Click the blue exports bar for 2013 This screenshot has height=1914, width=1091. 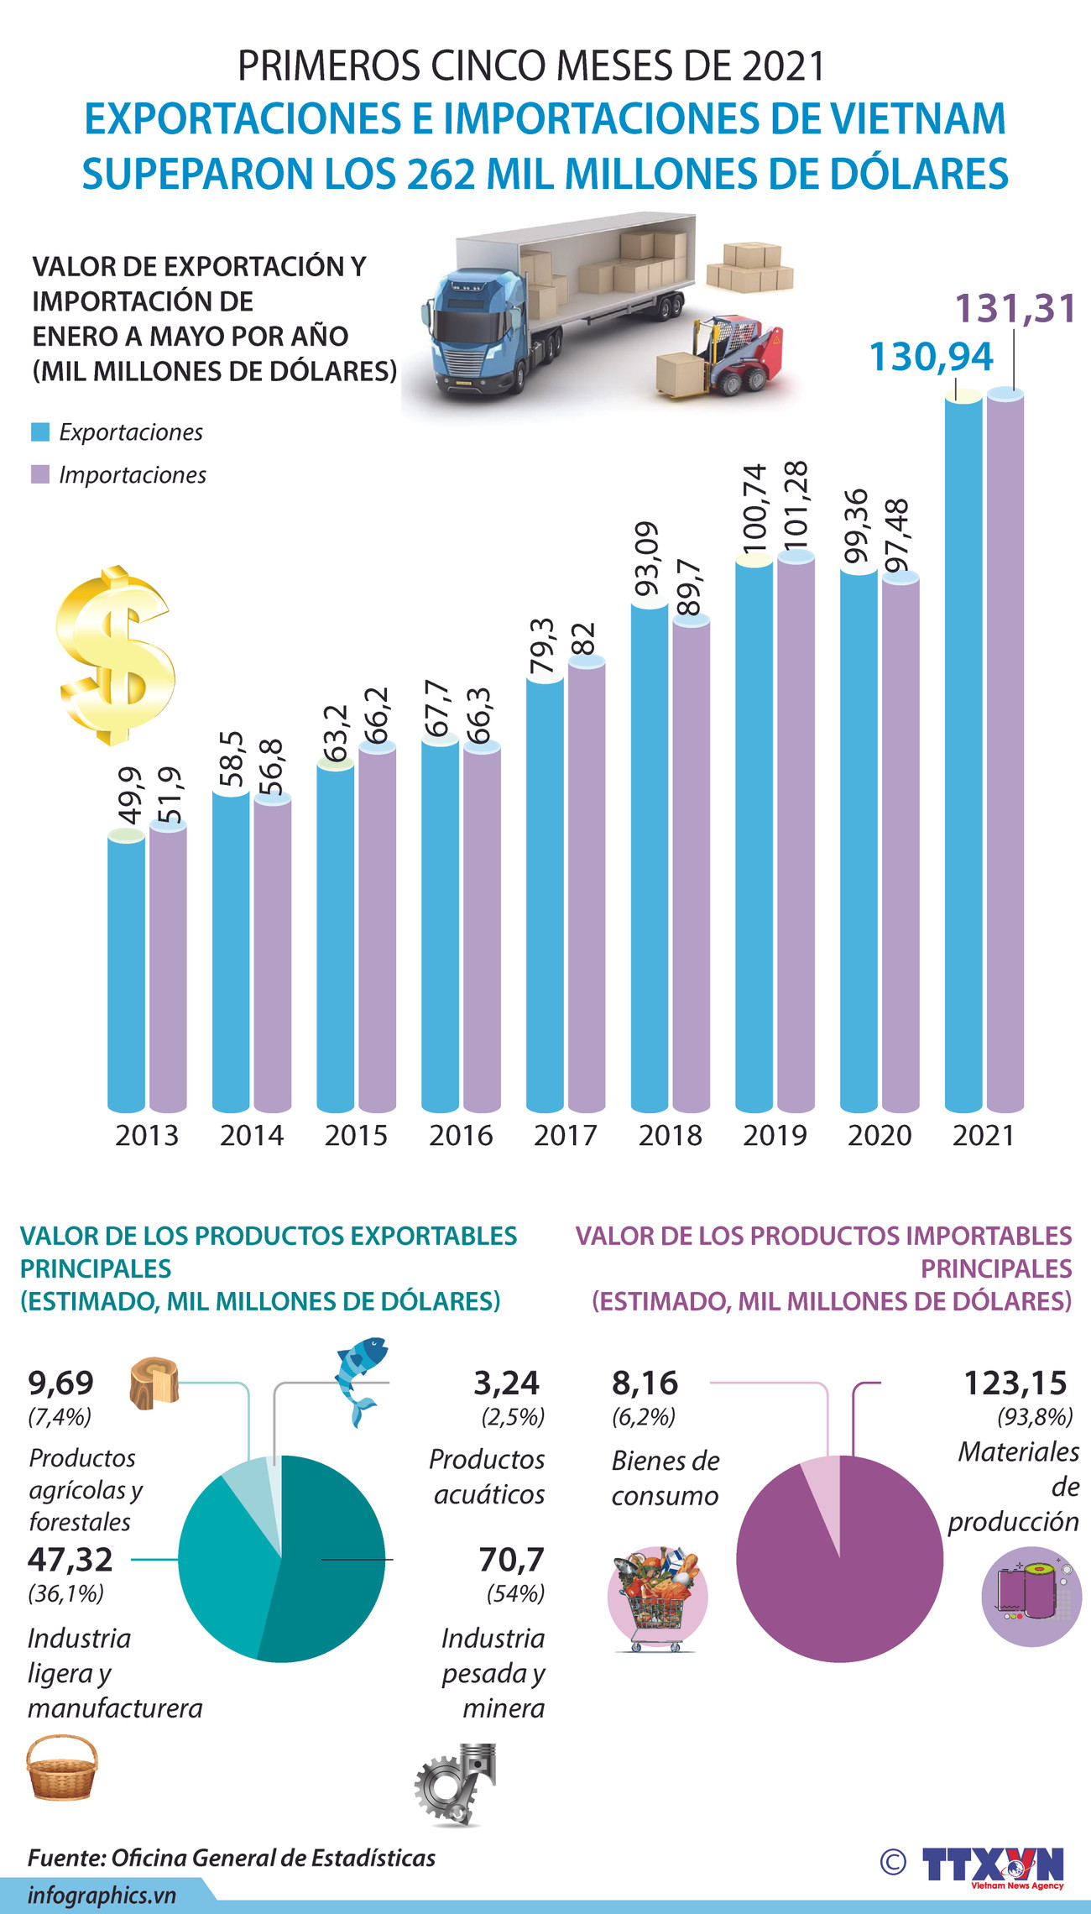(126, 974)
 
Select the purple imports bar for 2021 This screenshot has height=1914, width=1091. (1005, 756)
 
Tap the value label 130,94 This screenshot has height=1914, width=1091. (931, 357)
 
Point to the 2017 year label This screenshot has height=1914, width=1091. (565, 1135)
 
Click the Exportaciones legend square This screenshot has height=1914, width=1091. (40, 432)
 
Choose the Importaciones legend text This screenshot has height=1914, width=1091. (132, 475)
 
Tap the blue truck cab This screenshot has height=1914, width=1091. (474, 332)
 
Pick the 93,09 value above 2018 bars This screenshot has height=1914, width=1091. (647, 558)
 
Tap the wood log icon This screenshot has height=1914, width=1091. (154, 1381)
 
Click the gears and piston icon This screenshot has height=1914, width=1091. (456, 1784)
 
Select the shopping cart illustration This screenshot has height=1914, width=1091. (657, 1599)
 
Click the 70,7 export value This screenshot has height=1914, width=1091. (511, 1560)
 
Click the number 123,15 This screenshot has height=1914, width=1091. (1015, 1383)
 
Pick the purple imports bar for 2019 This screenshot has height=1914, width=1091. (796, 831)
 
